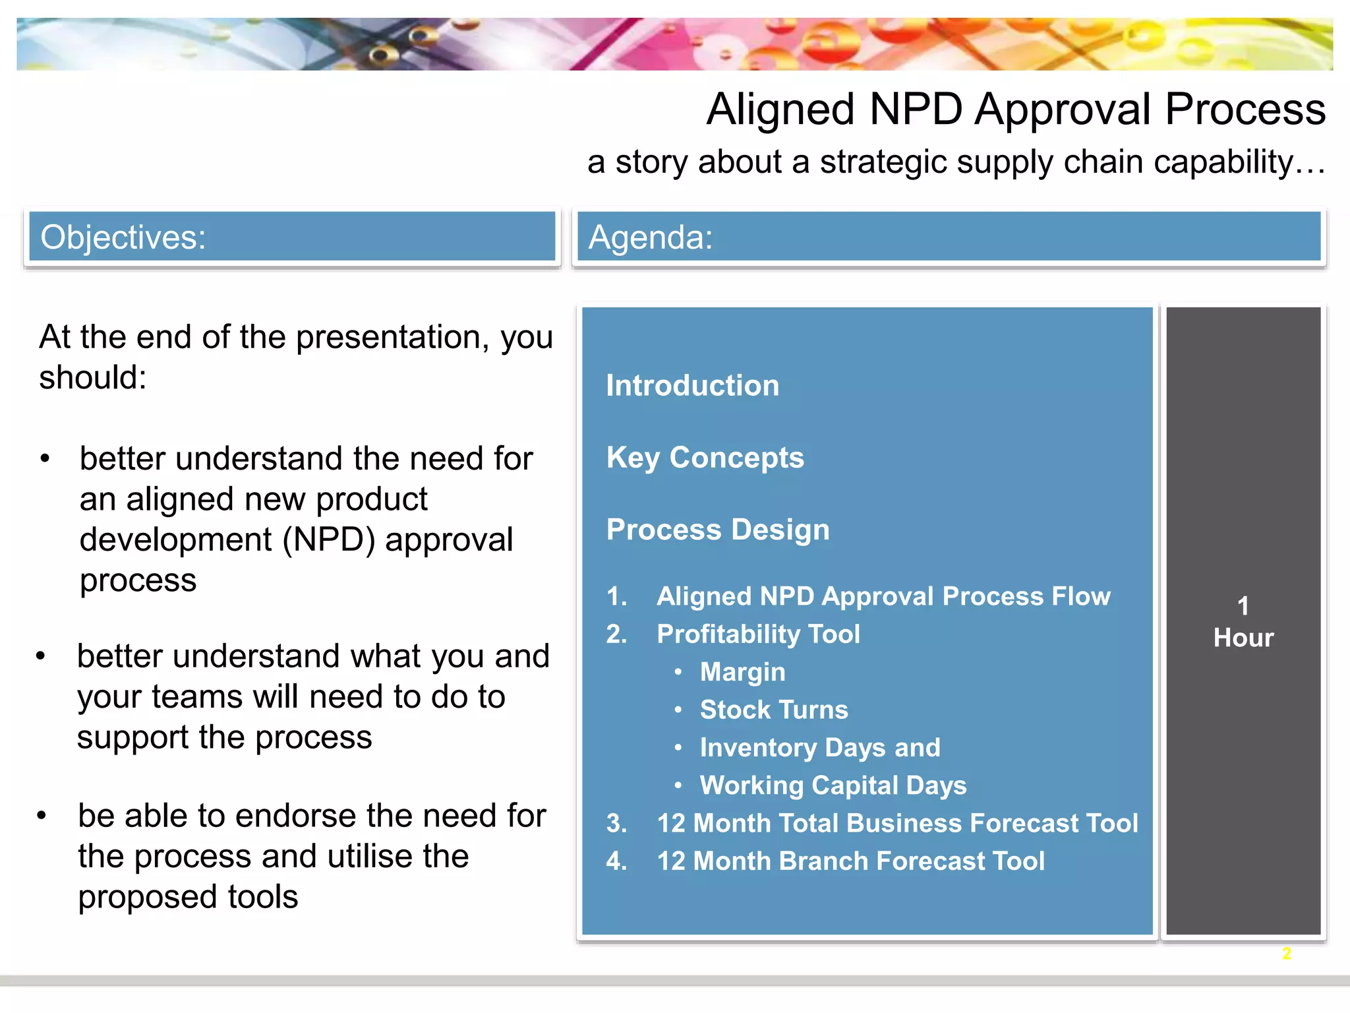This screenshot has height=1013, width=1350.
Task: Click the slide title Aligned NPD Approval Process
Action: [x=1015, y=109]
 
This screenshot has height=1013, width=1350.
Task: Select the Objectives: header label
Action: [x=123, y=237]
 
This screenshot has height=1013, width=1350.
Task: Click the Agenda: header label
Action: [x=651, y=237]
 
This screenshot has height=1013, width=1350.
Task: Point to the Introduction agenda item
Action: [x=692, y=386]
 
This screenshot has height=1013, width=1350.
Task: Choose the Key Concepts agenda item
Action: [x=705, y=458]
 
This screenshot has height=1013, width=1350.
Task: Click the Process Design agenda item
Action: [x=717, y=530]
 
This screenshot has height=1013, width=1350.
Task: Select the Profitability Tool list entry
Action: [x=758, y=634]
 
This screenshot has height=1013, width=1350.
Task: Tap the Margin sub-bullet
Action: [x=742, y=672]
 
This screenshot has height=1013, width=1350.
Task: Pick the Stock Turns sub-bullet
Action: [x=773, y=710]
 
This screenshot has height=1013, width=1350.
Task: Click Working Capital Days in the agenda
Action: [x=833, y=785]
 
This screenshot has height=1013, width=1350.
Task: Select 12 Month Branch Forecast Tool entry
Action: [x=850, y=861]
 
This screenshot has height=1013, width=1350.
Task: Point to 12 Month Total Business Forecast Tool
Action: [x=897, y=824]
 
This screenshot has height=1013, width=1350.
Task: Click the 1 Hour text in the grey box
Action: [x=1243, y=623]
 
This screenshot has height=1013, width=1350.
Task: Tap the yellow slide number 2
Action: [x=1286, y=954]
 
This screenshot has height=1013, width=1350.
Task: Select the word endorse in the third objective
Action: [x=295, y=816]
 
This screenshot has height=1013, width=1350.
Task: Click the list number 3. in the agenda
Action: [x=616, y=824]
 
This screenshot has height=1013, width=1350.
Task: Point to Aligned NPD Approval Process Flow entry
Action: [x=883, y=597]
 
